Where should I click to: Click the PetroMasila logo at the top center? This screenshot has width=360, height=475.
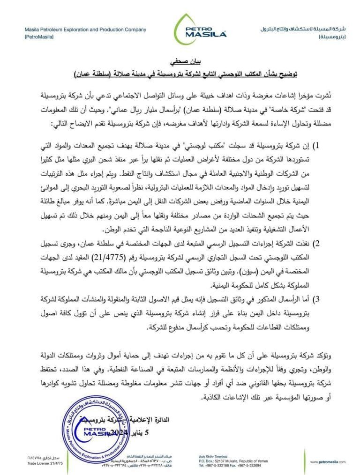tap(200, 30)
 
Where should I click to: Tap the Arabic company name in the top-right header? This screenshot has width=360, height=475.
tap(303, 30)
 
